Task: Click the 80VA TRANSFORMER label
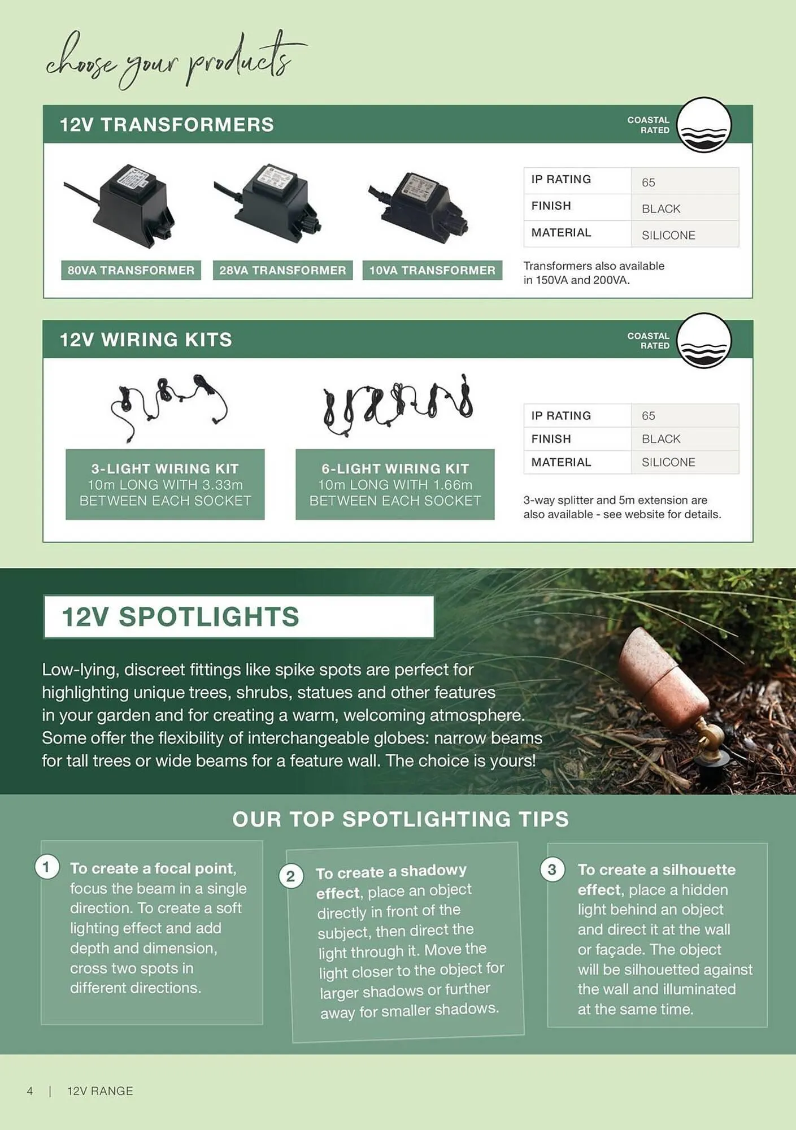point(131,270)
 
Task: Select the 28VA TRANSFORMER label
point(282,270)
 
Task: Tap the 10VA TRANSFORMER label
point(432,270)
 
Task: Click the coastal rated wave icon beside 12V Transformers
point(703,125)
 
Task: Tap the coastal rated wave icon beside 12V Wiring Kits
point(703,340)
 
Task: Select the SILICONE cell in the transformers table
point(668,235)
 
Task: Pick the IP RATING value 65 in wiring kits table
point(648,416)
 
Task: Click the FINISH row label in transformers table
point(551,206)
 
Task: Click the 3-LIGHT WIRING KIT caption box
point(165,484)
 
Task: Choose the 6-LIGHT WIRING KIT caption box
point(395,484)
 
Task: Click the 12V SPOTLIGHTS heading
point(181,616)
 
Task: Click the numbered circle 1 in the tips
point(46,867)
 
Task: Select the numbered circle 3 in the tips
point(552,869)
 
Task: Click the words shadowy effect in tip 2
point(390,881)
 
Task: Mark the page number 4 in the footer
point(30,1091)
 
